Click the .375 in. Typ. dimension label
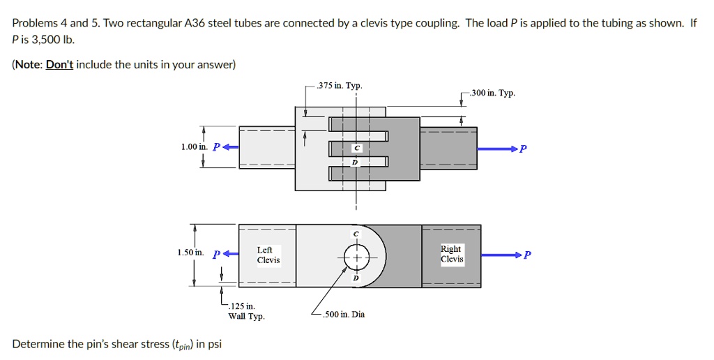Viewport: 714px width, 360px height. click(x=339, y=86)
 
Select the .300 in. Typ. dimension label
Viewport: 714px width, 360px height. click(x=493, y=93)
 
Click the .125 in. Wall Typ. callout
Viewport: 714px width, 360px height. click(x=242, y=311)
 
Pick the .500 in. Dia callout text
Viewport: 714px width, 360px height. click(x=343, y=314)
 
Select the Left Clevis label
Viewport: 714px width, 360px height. click(x=268, y=255)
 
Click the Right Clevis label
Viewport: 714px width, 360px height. click(x=451, y=254)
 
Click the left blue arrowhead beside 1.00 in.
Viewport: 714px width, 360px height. click(x=227, y=147)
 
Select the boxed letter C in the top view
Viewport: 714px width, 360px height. click(x=356, y=149)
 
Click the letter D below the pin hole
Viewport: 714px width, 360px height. click(x=356, y=278)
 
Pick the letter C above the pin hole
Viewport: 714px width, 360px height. click(x=356, y=233)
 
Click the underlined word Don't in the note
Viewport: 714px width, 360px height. click(x=59, y=65)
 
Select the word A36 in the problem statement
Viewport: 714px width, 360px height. click(x=197, y=23)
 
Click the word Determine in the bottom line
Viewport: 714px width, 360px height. click(x=37, y=344)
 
